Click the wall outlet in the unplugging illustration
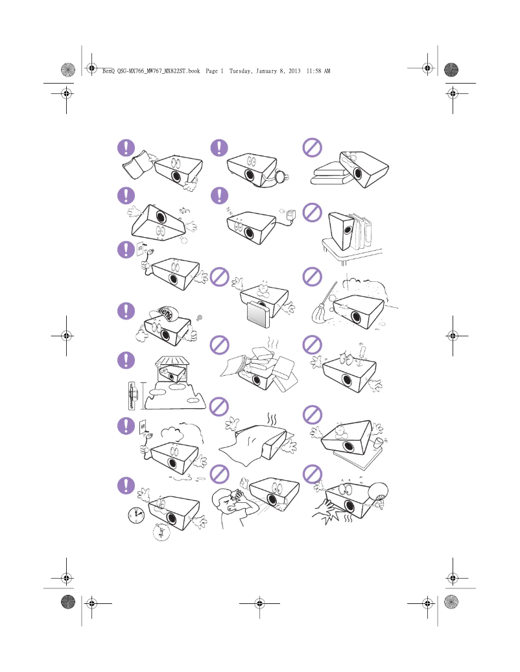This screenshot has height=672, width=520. click(141, 249)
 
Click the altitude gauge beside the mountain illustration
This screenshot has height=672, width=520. click(132, 395)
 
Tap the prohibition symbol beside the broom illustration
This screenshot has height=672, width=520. click(313, 277)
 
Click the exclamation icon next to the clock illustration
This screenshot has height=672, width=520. click(126, 485)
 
